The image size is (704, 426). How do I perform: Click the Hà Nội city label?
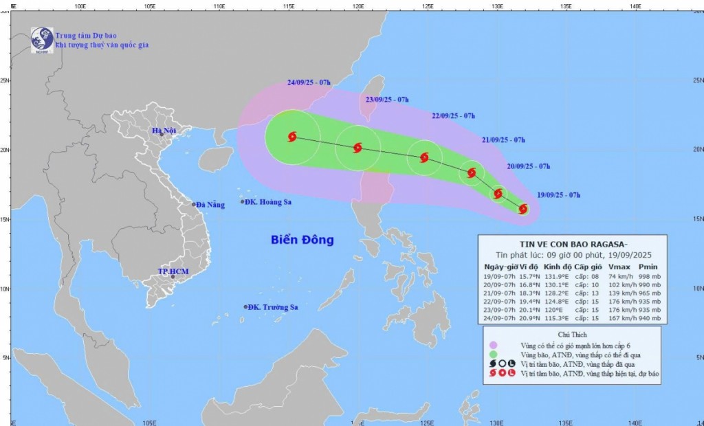[165, 131]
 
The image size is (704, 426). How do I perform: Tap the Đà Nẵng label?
[210, 205]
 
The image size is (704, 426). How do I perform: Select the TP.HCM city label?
[173, 271]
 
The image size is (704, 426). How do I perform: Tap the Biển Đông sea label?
[302, 240]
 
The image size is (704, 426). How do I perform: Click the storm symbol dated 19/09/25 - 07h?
[523, 209]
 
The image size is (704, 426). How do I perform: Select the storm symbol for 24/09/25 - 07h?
[292, 137]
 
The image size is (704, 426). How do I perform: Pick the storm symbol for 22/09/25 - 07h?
[424, 157]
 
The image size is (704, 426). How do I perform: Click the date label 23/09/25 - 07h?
[387, 99]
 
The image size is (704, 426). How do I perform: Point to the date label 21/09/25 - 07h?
[503, 140]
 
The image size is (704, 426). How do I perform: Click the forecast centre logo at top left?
[42, 38]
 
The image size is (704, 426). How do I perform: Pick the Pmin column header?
[648, 266]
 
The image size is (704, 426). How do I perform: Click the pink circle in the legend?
[492, 345]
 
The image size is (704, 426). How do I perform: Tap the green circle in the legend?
[492, 354]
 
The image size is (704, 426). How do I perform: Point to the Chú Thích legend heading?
[572, 334]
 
